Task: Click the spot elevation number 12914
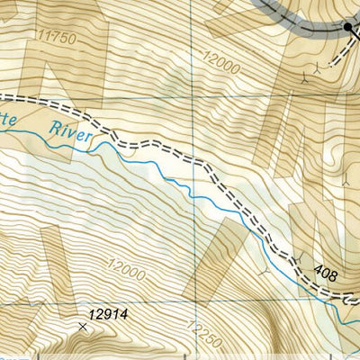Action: (x=109, y=315)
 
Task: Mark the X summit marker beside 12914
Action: (x=84, y=327)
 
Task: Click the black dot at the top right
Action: (x=348, y=29)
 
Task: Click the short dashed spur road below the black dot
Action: (x=340, y=49)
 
